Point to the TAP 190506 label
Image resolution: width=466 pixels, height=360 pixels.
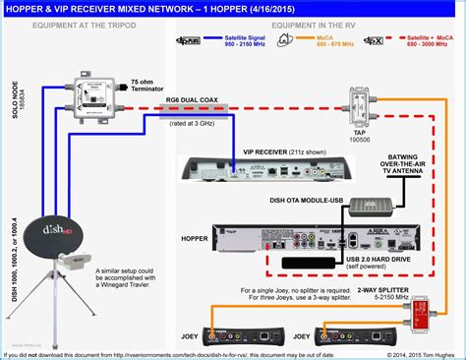pos(355,136)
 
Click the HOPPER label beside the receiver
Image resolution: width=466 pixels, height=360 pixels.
pos(197,237)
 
